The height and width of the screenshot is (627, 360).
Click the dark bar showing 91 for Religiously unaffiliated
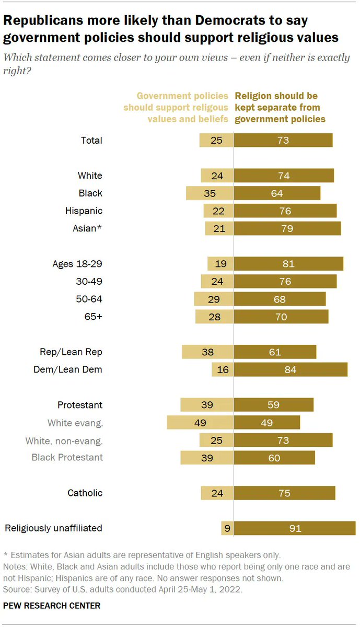pos(295,528)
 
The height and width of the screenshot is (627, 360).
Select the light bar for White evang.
pos(200,423)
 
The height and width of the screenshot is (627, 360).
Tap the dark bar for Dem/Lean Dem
pos(291,369)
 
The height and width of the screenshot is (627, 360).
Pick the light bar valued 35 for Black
pos(209,193)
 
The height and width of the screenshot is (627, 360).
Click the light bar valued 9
pos(226,528)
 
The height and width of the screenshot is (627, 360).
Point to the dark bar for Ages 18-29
pos(288,264)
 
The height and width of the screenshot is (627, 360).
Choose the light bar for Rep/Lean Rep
pos(207,352)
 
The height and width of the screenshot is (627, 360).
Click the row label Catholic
pos(85,493)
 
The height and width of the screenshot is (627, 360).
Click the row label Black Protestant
pos(67,457)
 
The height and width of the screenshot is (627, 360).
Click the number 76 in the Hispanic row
pos(285,211)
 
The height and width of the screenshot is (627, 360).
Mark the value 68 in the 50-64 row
pos(280,299)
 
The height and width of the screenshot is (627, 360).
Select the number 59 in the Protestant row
pos(273,405)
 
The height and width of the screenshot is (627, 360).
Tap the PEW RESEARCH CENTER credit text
pos(52,606)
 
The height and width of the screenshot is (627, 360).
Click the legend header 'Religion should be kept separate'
pos(280,108)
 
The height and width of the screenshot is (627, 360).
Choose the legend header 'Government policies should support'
pos(176,108)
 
